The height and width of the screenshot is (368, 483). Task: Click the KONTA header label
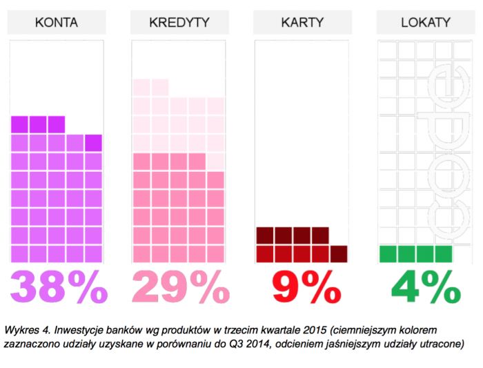point(56,22)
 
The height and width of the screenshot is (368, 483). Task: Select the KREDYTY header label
point(179,22)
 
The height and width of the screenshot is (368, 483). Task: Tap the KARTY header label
point(302,22)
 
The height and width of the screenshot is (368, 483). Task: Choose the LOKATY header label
point(424,22)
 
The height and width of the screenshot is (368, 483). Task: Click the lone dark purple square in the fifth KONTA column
point(93,142)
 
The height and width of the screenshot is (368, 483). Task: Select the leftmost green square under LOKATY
point(388,253)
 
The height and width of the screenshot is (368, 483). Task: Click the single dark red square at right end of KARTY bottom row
point(339,253)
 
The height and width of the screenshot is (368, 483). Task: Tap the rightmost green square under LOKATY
point(443,253)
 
